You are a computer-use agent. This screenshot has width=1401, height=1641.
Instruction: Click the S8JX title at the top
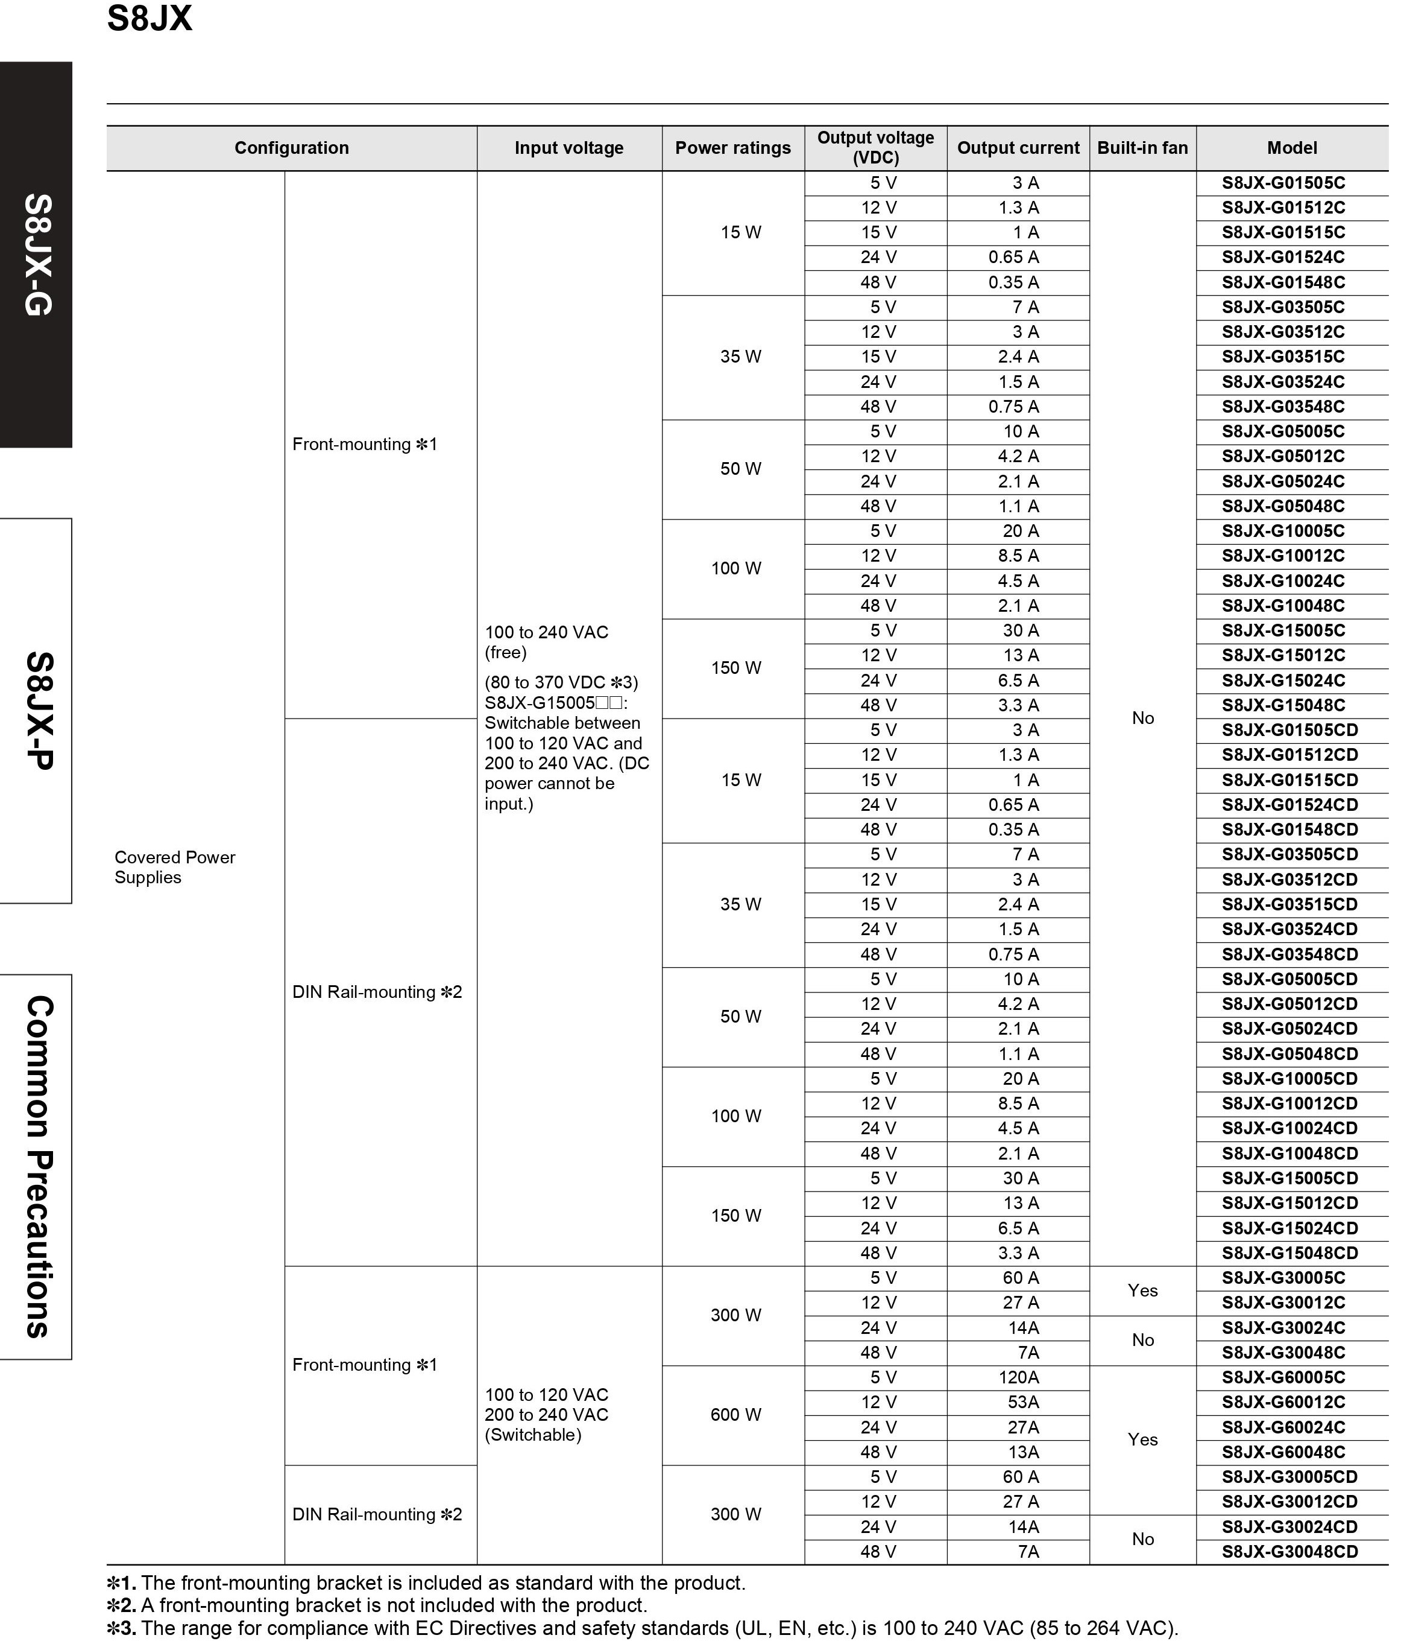click(x=150, y=19)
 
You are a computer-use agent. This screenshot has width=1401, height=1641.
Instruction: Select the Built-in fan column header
click(x=1142, y=148)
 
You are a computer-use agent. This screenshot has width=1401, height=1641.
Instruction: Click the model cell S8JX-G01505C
click(x=1282, y=183)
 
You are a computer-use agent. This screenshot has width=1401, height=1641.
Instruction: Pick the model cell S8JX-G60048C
click(x=1282, y=1452)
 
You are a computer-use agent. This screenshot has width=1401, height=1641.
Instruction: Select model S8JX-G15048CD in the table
click(x=1289, y=1253)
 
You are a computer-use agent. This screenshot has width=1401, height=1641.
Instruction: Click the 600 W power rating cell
click(x=735, y=1415)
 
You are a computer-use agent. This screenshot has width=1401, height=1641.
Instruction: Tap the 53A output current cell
click(x=1022, y=1402)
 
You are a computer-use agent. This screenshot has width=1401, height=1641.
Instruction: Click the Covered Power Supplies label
click(x=174, y=867)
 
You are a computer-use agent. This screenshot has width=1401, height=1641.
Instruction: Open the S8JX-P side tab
click(x=36, y=711)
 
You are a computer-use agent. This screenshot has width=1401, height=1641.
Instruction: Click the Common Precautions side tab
click(x=36, y=1167)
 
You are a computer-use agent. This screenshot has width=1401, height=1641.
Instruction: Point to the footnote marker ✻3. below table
click(x=121, y=1628)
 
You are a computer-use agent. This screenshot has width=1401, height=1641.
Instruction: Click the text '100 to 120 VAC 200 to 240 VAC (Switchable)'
click(x=546, y=1415)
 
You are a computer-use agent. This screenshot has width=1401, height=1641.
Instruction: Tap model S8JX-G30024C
click(x=1282, y=1327)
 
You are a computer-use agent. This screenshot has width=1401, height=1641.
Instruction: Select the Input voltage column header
click(x=568, y=148)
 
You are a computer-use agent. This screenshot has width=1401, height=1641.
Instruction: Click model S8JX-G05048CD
click(x=1289, y=1053)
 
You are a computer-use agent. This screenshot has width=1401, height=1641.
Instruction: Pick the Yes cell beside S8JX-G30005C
click(x=1142, y=1290)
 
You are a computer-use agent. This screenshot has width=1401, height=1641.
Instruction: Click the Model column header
click(x=1292, y=148)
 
